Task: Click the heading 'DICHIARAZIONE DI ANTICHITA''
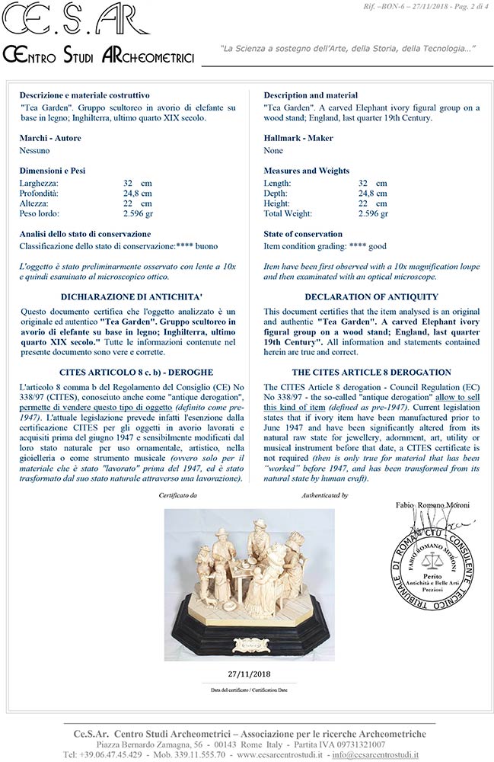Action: (126, 296)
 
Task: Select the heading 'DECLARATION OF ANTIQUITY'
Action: (371, 296)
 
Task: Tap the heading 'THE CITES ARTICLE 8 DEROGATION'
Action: (371, 373)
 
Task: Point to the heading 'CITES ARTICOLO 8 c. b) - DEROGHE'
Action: (126, 373)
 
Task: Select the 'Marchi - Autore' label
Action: (50, 139)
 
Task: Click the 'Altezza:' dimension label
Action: (37, 203)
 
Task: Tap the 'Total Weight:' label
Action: (290, 213)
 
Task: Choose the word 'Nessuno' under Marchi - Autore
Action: (36, 151)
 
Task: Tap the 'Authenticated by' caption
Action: (324, 495)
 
